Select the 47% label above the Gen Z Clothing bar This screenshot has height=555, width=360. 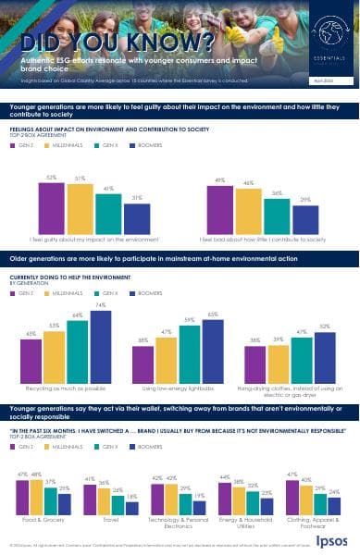point(292,447)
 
